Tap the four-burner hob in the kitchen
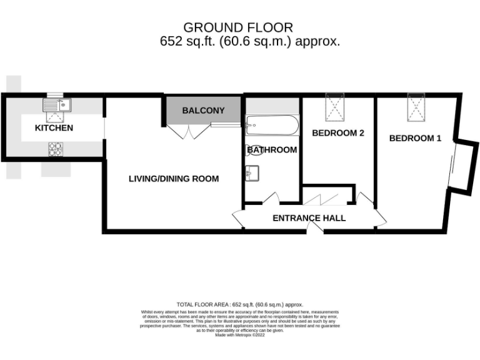coord(55,149)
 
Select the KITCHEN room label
coord(54,128)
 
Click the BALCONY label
coord(203,111)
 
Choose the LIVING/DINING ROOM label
coord(174,179)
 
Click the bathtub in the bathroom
coord(273,127)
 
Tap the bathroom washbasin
coord(253,171)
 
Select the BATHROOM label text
coord(272,150)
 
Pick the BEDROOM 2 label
coord(338,133)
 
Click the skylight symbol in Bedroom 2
coord(336,107)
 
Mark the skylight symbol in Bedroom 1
coord(416,107)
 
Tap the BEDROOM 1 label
coord(415,138)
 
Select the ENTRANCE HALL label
coord(309,218)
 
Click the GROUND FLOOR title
coord(237,27)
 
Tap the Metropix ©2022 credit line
coord(240,335)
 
